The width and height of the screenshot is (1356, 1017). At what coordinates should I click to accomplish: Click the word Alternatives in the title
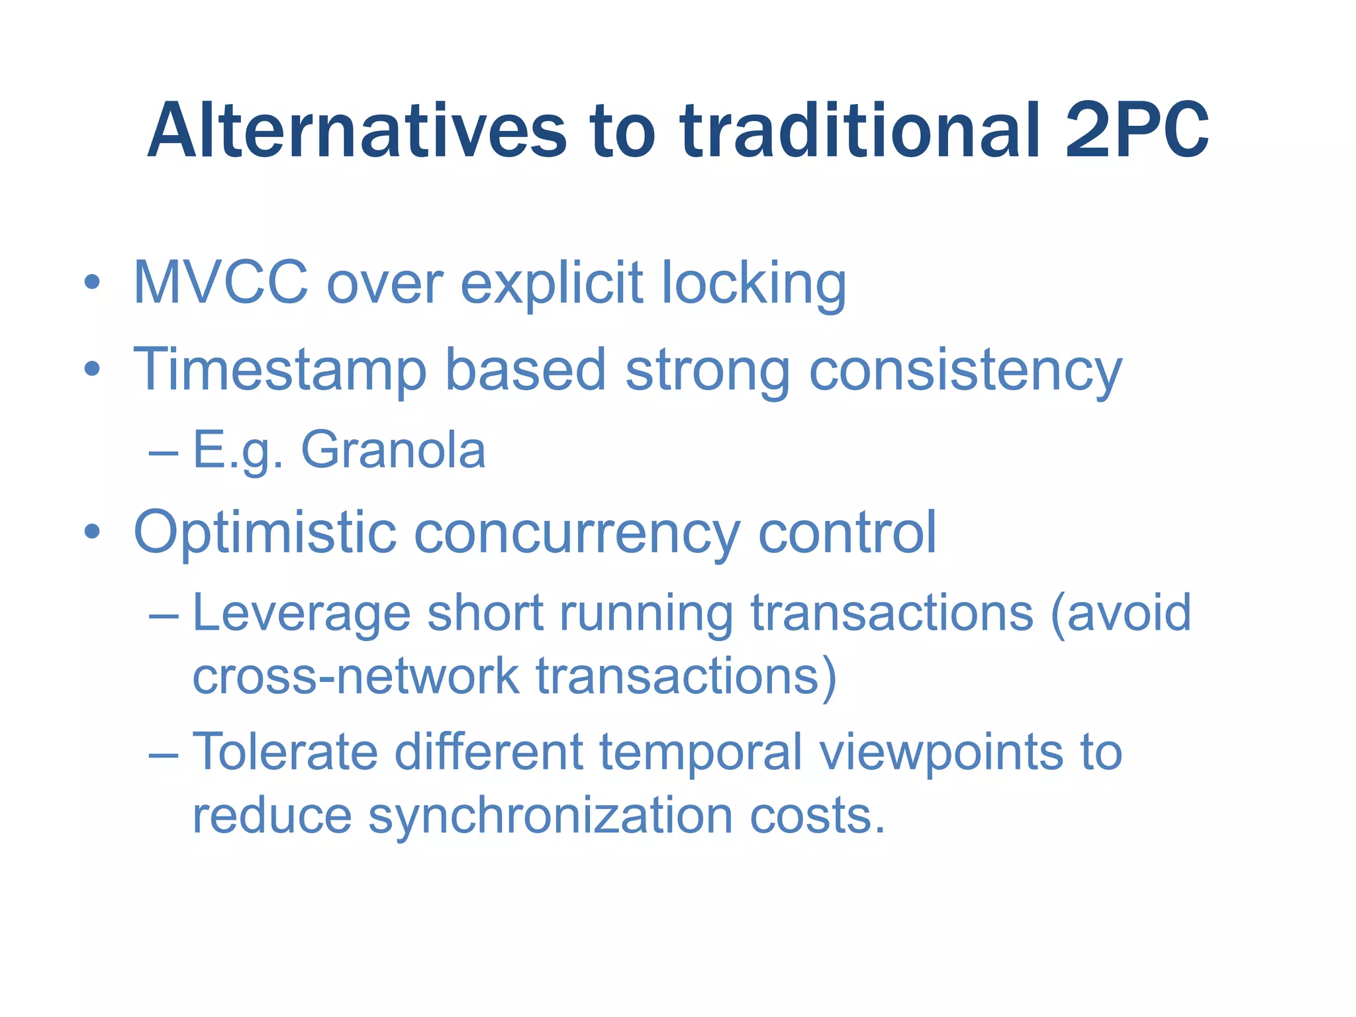[x=357, y=130]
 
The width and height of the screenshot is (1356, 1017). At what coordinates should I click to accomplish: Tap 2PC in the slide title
[x=1136, y=130]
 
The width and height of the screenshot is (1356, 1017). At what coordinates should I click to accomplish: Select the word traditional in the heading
[x=860, y=130]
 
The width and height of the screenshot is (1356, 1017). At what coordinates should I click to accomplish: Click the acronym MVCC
[x=220, y=283]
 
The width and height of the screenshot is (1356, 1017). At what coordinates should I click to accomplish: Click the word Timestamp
[x=279, y=371]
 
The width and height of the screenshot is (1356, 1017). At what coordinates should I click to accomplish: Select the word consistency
[x=965, y=371]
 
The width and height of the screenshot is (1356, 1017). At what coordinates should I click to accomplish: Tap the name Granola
[x=393, y=450]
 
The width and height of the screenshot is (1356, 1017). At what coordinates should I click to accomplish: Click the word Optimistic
[x=264, y=533]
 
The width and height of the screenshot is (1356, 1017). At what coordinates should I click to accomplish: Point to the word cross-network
[x=356, y=676]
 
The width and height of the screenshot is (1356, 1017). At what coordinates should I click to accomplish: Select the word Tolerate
[x=285, y=752]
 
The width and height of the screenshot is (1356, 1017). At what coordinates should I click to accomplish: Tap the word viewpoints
[x=940, y=753]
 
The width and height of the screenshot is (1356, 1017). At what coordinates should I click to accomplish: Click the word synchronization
[x=550, y=816]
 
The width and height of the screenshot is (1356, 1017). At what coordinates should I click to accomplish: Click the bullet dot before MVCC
[x=93, y=283]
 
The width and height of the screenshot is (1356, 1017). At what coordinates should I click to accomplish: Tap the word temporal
[x=701, y=753]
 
